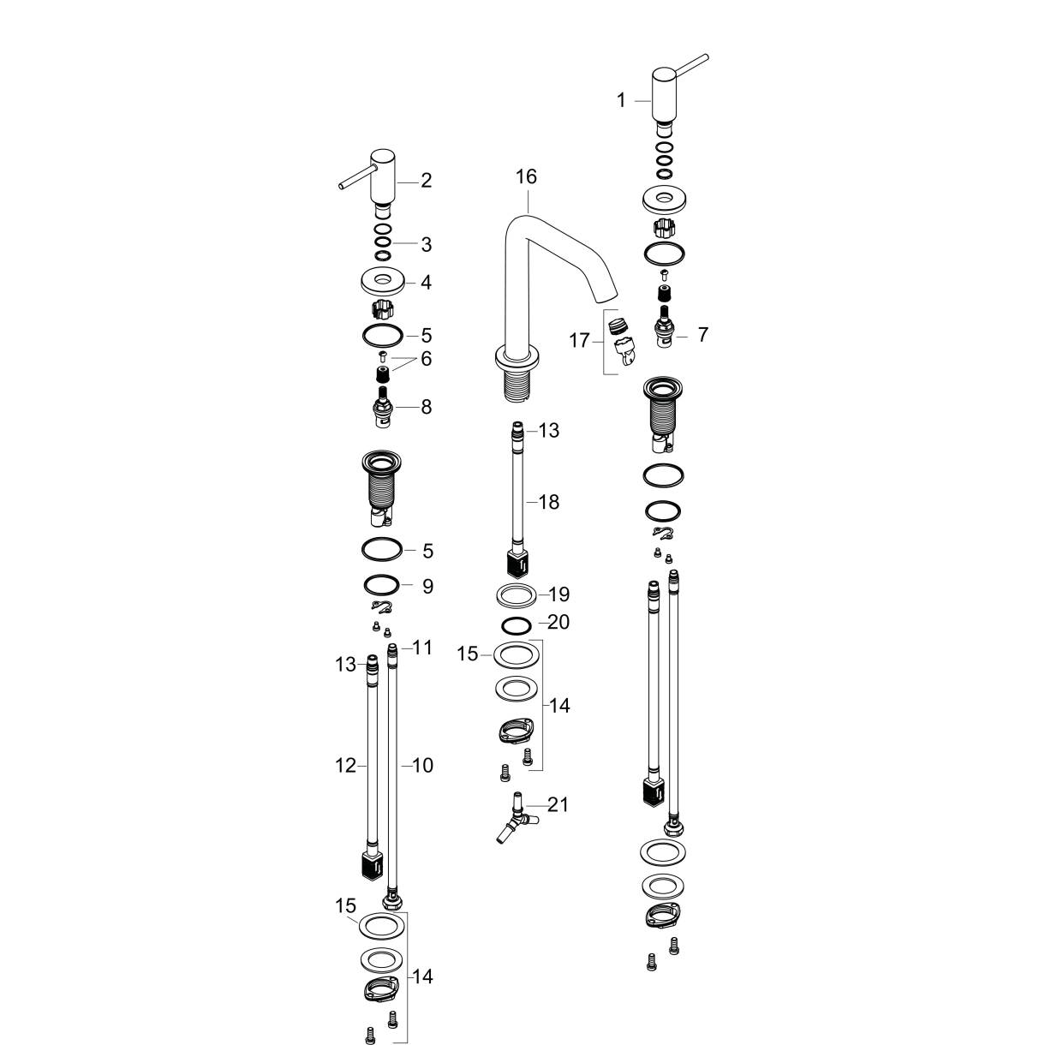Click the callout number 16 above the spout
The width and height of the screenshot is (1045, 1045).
526,176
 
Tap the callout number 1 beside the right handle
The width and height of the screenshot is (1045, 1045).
621,100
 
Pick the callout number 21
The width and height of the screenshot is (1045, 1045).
558,804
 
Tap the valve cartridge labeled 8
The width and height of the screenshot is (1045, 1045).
384,408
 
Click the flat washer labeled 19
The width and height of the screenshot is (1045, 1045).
517,594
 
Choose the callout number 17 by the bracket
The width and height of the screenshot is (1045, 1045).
579,341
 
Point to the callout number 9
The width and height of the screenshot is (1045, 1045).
427,586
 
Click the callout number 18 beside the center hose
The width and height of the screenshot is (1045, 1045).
548,502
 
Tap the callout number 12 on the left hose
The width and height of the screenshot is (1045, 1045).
345,766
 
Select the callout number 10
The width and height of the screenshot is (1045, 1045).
422,766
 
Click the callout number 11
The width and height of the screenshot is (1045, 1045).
422,648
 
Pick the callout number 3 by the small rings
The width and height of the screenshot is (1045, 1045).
426,244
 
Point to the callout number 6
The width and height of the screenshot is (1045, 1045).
426,359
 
